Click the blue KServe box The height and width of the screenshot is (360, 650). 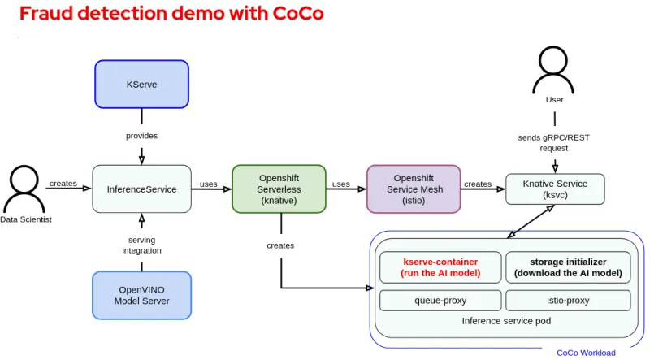click(142, 84)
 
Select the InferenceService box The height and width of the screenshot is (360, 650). click(141, 189)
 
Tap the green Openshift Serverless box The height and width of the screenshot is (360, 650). click(279, 189)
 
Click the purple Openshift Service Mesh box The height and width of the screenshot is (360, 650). click(414, 189)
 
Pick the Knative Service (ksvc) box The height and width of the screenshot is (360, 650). click(555, 189)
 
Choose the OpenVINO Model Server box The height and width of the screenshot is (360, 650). click(142, 295)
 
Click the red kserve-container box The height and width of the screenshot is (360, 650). click(440, 267)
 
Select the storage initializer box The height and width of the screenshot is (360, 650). click(568, 267)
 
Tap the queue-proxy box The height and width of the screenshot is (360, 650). click(440, 300)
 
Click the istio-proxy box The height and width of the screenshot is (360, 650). click(568, 300)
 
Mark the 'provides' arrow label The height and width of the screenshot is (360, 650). click(142, 136)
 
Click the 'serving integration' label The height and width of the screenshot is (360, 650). click(142, 245)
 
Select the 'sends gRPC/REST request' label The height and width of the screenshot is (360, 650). click(554, 142)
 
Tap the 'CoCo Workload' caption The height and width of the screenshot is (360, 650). click(586, 353)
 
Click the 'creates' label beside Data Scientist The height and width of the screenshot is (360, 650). click(63, 184)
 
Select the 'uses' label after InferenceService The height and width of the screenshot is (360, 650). click(209, 184)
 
